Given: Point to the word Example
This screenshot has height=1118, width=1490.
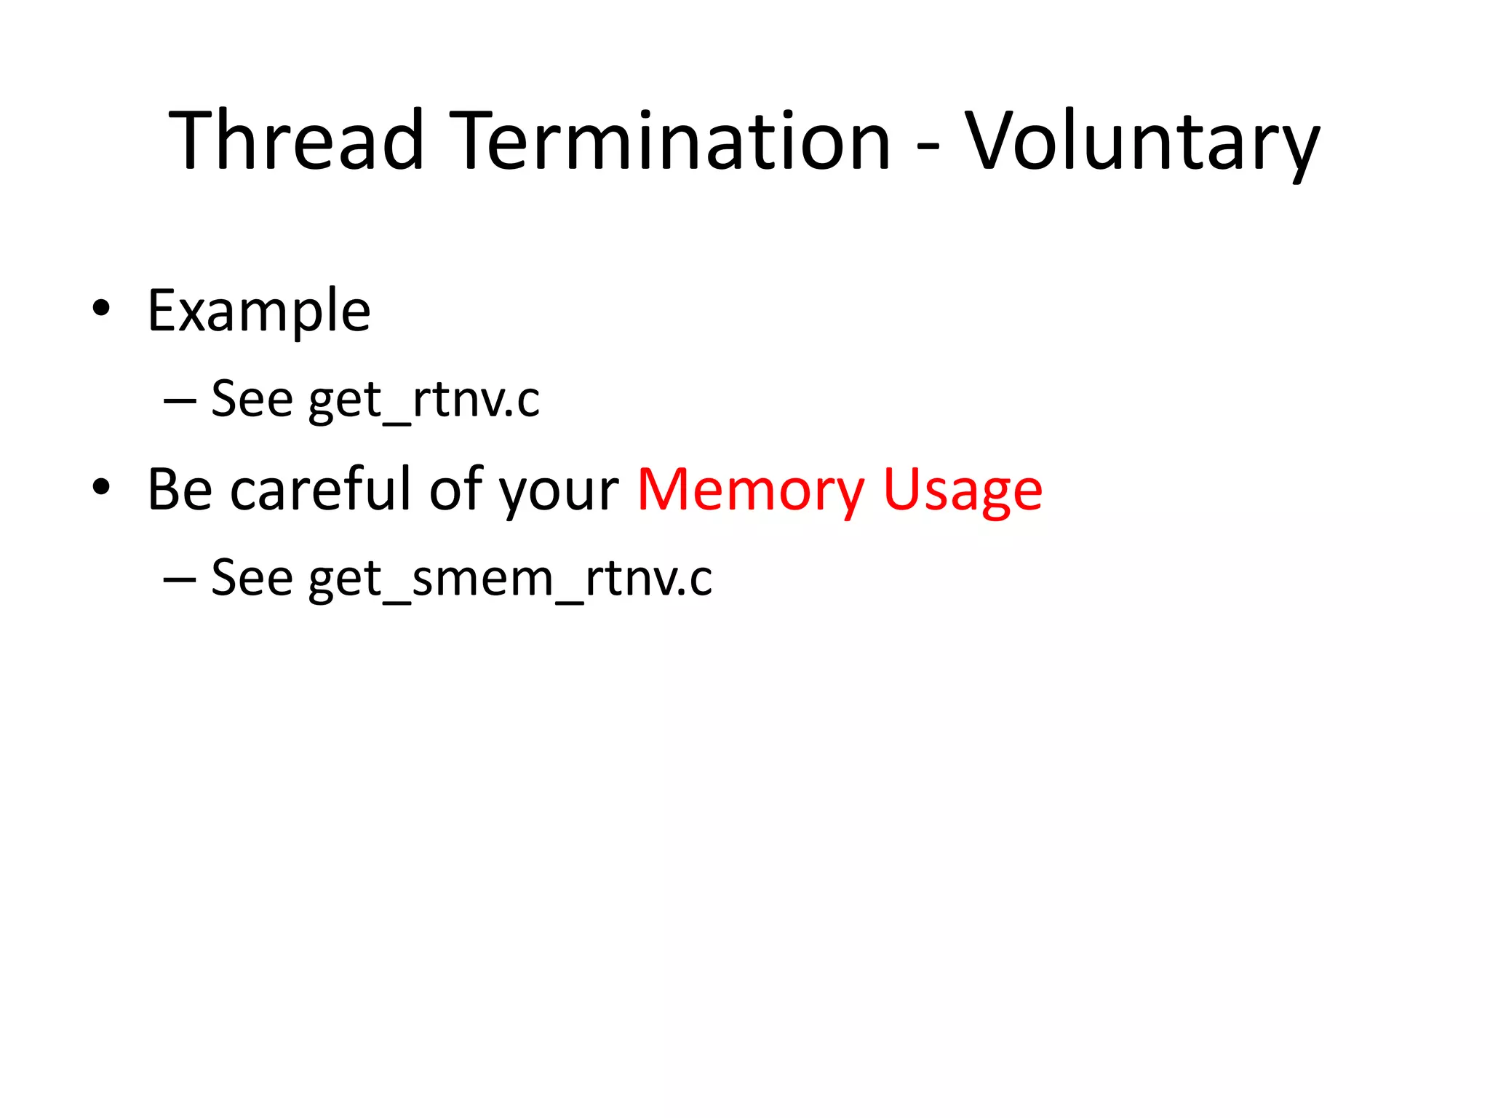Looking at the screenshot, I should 259,312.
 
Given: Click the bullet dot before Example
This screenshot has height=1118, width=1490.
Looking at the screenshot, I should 101,309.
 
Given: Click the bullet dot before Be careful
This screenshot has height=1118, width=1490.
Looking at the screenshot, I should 101,487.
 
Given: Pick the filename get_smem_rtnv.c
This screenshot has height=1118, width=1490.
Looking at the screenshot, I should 510,579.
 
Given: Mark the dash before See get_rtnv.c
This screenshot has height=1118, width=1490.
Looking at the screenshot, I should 180,401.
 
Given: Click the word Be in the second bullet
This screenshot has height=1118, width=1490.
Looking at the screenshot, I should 180,489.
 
